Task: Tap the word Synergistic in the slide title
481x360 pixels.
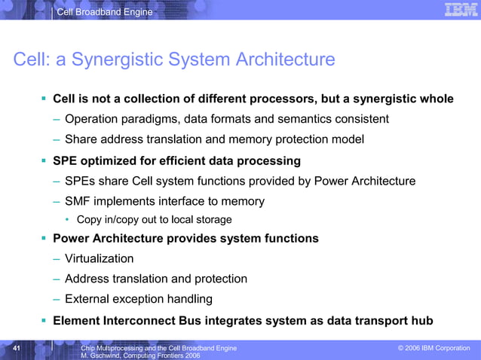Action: [125, 59]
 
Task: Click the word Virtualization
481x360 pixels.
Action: [100, 258]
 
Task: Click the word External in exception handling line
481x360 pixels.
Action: [88, 298]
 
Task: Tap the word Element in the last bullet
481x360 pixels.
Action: [79, 320]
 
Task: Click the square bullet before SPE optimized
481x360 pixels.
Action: [44, 160]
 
